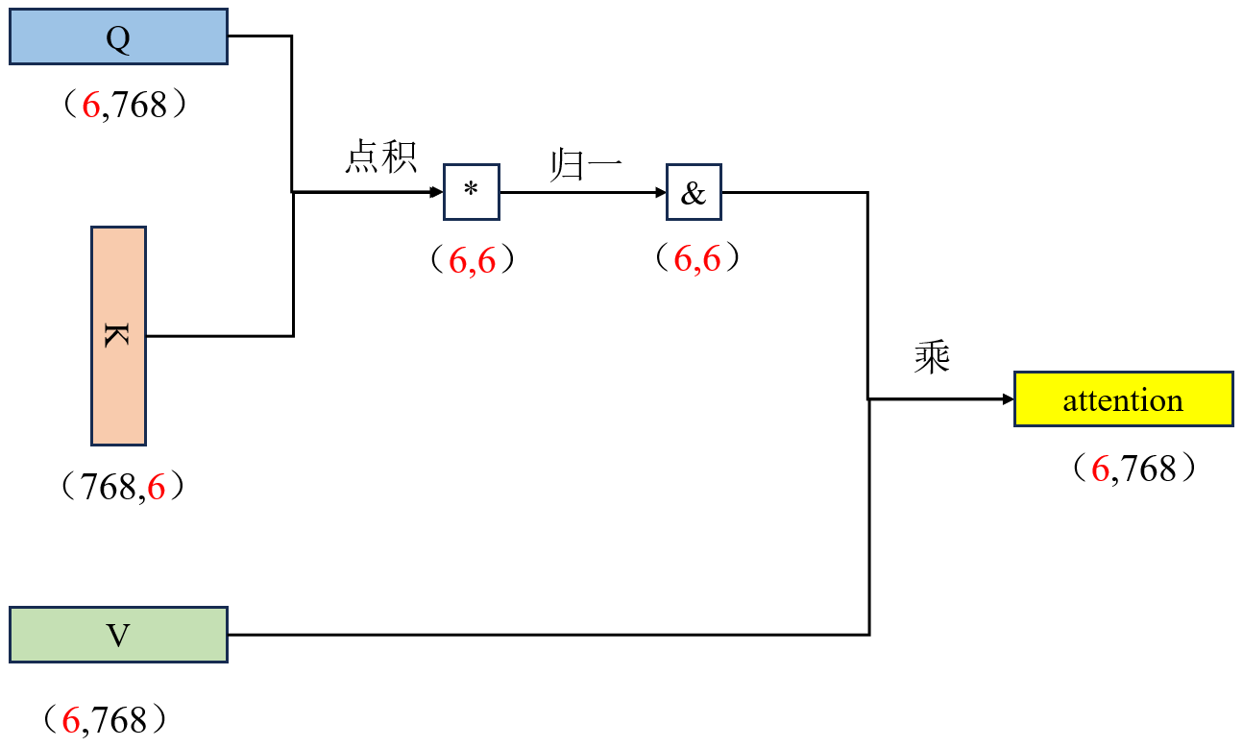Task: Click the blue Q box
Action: pos(118,36)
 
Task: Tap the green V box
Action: pos(118,635)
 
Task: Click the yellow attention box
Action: pos(1123,398)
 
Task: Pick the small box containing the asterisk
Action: pos(471,192)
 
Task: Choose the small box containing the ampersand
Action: pos(694,192)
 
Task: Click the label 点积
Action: pos(381,157)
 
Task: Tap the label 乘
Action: pos(932,359)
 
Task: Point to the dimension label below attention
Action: pos(1133,469)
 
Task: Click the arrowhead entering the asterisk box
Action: pos(436,192)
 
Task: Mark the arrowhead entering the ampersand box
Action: pos(660,192)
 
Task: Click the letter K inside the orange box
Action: pos(118,335)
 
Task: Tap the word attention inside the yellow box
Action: pos(1123,399)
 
